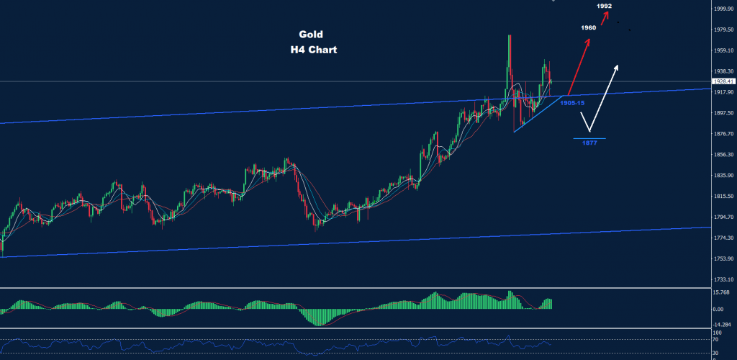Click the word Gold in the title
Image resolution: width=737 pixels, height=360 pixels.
pos(311,34)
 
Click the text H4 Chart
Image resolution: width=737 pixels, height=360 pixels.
pos(310,50)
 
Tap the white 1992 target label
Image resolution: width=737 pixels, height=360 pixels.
pos(605,6)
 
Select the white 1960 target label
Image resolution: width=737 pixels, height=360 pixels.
pos(589,27)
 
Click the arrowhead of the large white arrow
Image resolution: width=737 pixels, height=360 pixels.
pos(617,67)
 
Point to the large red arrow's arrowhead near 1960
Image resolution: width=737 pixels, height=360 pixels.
pos(589,40)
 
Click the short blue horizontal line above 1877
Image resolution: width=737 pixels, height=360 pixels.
pos(589,138)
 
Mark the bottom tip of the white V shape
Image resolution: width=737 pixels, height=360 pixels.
pos(589,130)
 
